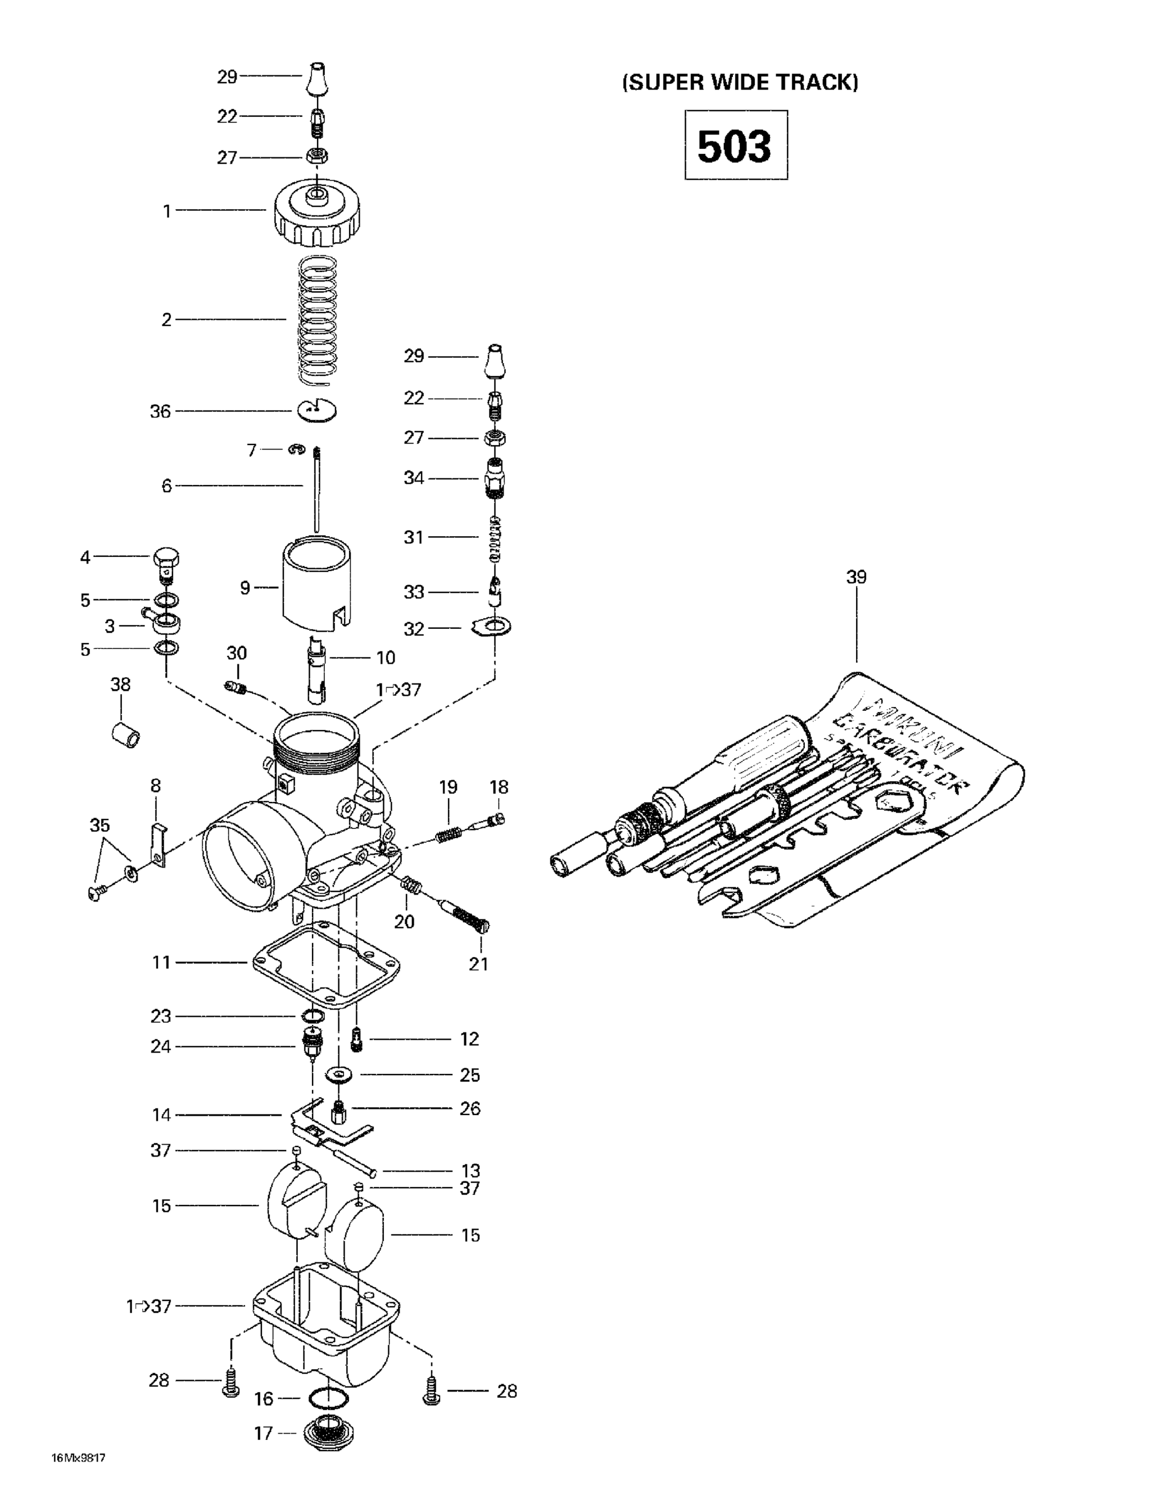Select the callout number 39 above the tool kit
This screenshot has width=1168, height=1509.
(x=856, y=577)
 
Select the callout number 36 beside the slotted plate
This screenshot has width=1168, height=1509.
(x=160, y=412)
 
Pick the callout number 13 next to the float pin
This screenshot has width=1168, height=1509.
(x=470, y=1170)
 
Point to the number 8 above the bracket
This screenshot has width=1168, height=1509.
(x=155, y=786)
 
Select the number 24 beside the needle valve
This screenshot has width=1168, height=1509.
(x=160, y=1046)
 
